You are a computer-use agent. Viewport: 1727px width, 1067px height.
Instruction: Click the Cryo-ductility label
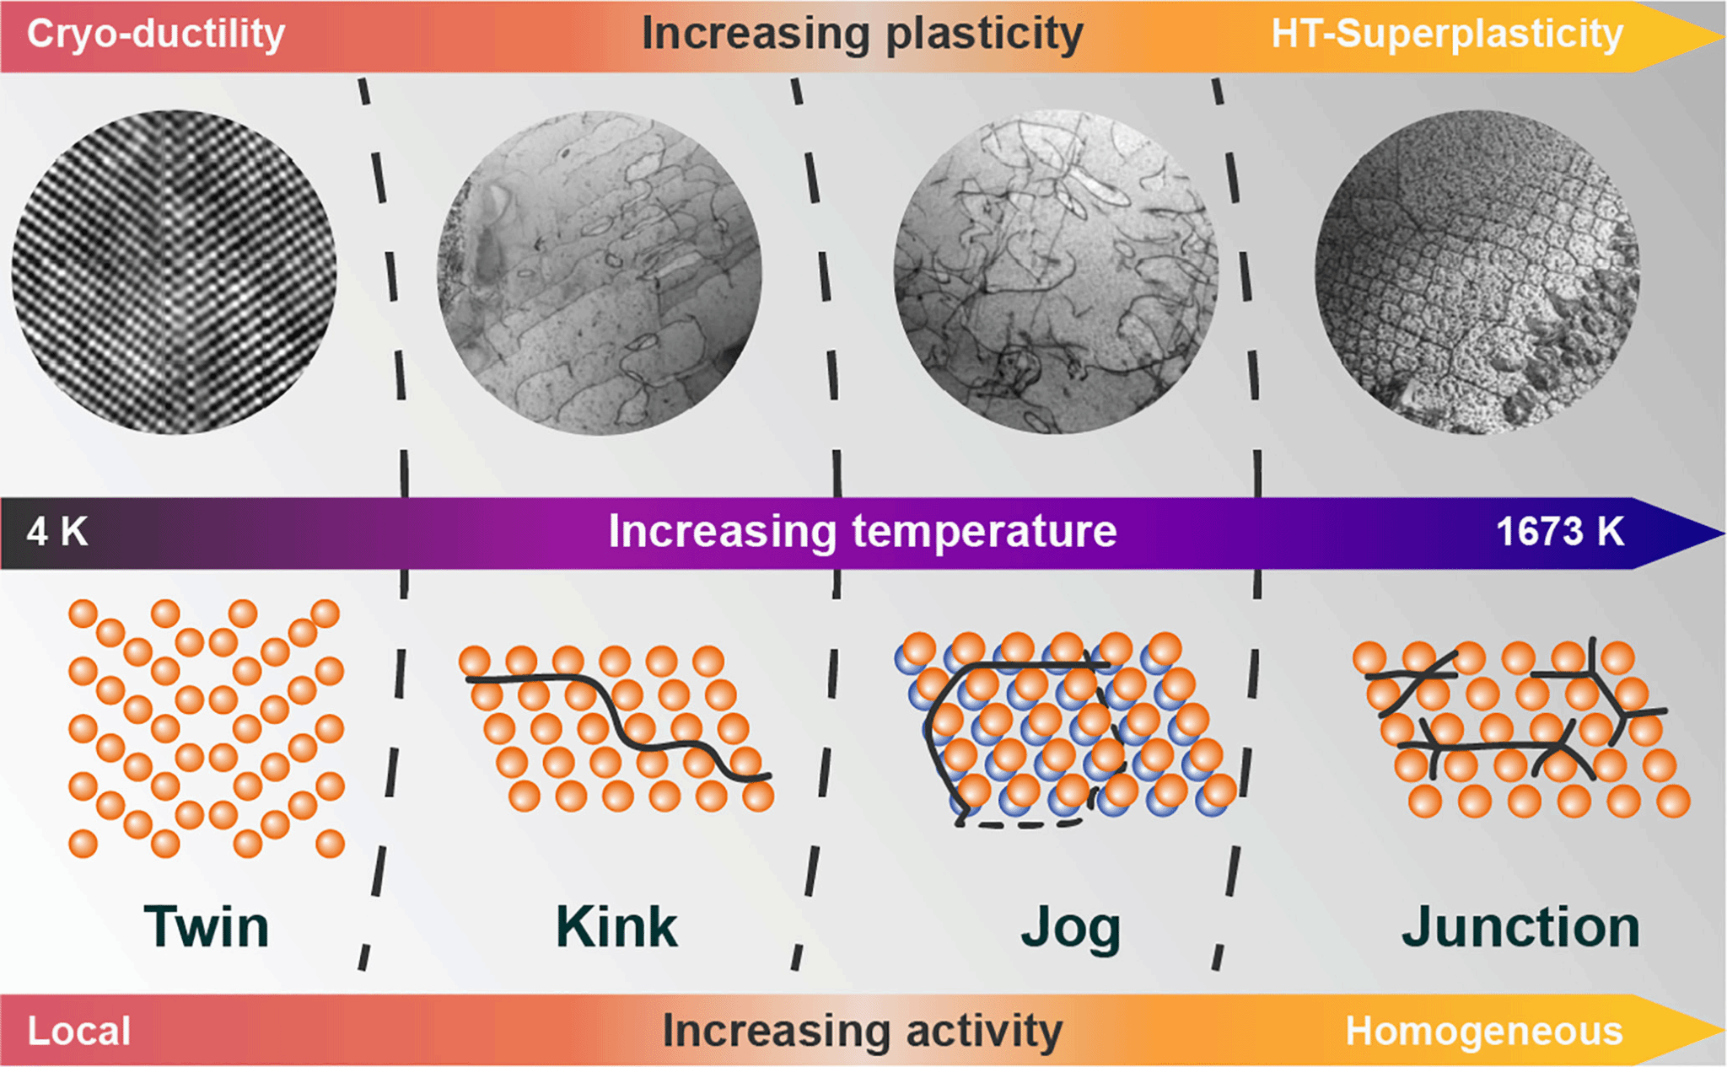tap(156, 35)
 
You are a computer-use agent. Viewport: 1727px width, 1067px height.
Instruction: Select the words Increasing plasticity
tap(862, 35)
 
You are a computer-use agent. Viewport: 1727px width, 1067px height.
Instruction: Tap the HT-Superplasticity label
tap(1447, 35)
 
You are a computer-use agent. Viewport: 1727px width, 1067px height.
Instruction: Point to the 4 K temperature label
tap(57, 532)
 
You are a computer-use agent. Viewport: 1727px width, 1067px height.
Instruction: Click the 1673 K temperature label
tap(1559, 532)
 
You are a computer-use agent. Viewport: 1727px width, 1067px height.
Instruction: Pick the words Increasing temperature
tap(862, 532)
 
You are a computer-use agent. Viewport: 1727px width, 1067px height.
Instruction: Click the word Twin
tap(207, 927)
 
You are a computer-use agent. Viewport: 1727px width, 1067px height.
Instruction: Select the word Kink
tap(616, 927)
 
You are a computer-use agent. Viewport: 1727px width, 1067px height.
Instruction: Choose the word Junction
tap(1520, 927)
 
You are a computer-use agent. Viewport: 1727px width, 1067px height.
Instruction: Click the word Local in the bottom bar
tap(79, 1031)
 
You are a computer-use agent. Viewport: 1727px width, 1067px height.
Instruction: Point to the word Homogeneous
tap(1484, 1031)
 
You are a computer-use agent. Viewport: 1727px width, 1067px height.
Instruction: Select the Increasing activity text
tap(862, 1031)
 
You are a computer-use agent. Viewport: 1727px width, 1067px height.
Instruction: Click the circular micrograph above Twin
tap(175, 272)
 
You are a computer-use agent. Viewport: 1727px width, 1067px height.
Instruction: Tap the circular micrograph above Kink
tap(600, 272)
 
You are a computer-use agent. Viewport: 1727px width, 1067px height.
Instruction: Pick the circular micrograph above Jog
tap(1056, 272)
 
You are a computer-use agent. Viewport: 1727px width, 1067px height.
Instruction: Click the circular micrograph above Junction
tap(1477, 272)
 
